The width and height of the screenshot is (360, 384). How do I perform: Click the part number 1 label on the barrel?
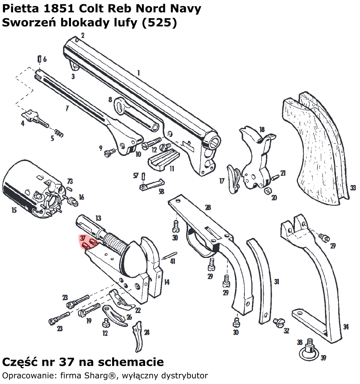(138, 73)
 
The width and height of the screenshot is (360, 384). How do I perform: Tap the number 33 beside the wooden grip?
(353, 188)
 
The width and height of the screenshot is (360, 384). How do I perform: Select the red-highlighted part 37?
(89, 243)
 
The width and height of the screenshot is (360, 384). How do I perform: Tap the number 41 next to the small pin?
(173, 261)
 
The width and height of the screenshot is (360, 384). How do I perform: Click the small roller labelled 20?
(267, 190)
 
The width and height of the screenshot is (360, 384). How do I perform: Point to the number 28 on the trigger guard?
(208, 208)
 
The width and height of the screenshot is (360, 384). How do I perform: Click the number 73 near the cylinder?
(70, 182)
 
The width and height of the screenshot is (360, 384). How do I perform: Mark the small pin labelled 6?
(39, 59)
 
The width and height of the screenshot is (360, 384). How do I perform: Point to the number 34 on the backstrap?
(346, 327)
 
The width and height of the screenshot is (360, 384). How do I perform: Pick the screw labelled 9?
(109, 151)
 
